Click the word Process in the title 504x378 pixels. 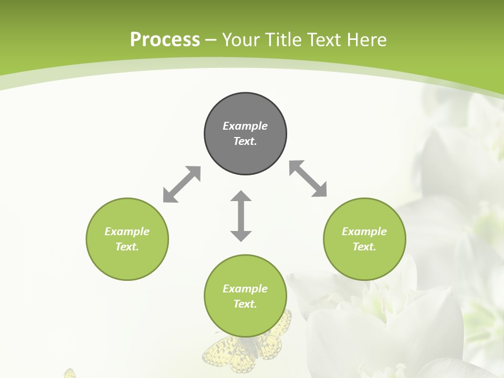(x=165, y=40)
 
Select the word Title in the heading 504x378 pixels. (x=286, y=40)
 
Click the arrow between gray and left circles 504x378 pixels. (x=182, y=184)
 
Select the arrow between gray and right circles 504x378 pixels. (x=308, y=178)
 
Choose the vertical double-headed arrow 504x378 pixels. (x=241, y=216)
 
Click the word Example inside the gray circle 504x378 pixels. (x=245, y=126)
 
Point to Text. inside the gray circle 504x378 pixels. (x=245, y=141)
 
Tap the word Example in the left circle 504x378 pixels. (x=127, y=232)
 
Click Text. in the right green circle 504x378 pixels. (x=364, y=247)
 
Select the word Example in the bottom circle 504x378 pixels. (x=245, y=289)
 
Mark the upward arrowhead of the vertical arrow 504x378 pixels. (x=241, y=197)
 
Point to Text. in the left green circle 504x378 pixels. (x=127, y=247)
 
